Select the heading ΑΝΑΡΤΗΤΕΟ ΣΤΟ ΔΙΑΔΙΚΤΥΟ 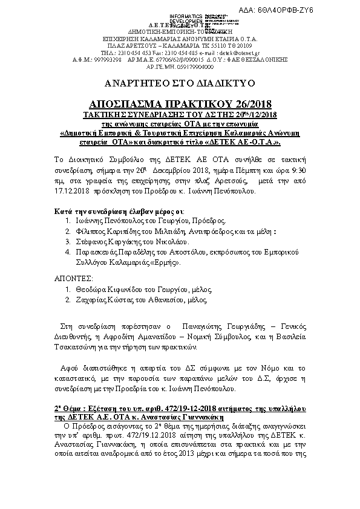pyautogui.click(x=180, y=82)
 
